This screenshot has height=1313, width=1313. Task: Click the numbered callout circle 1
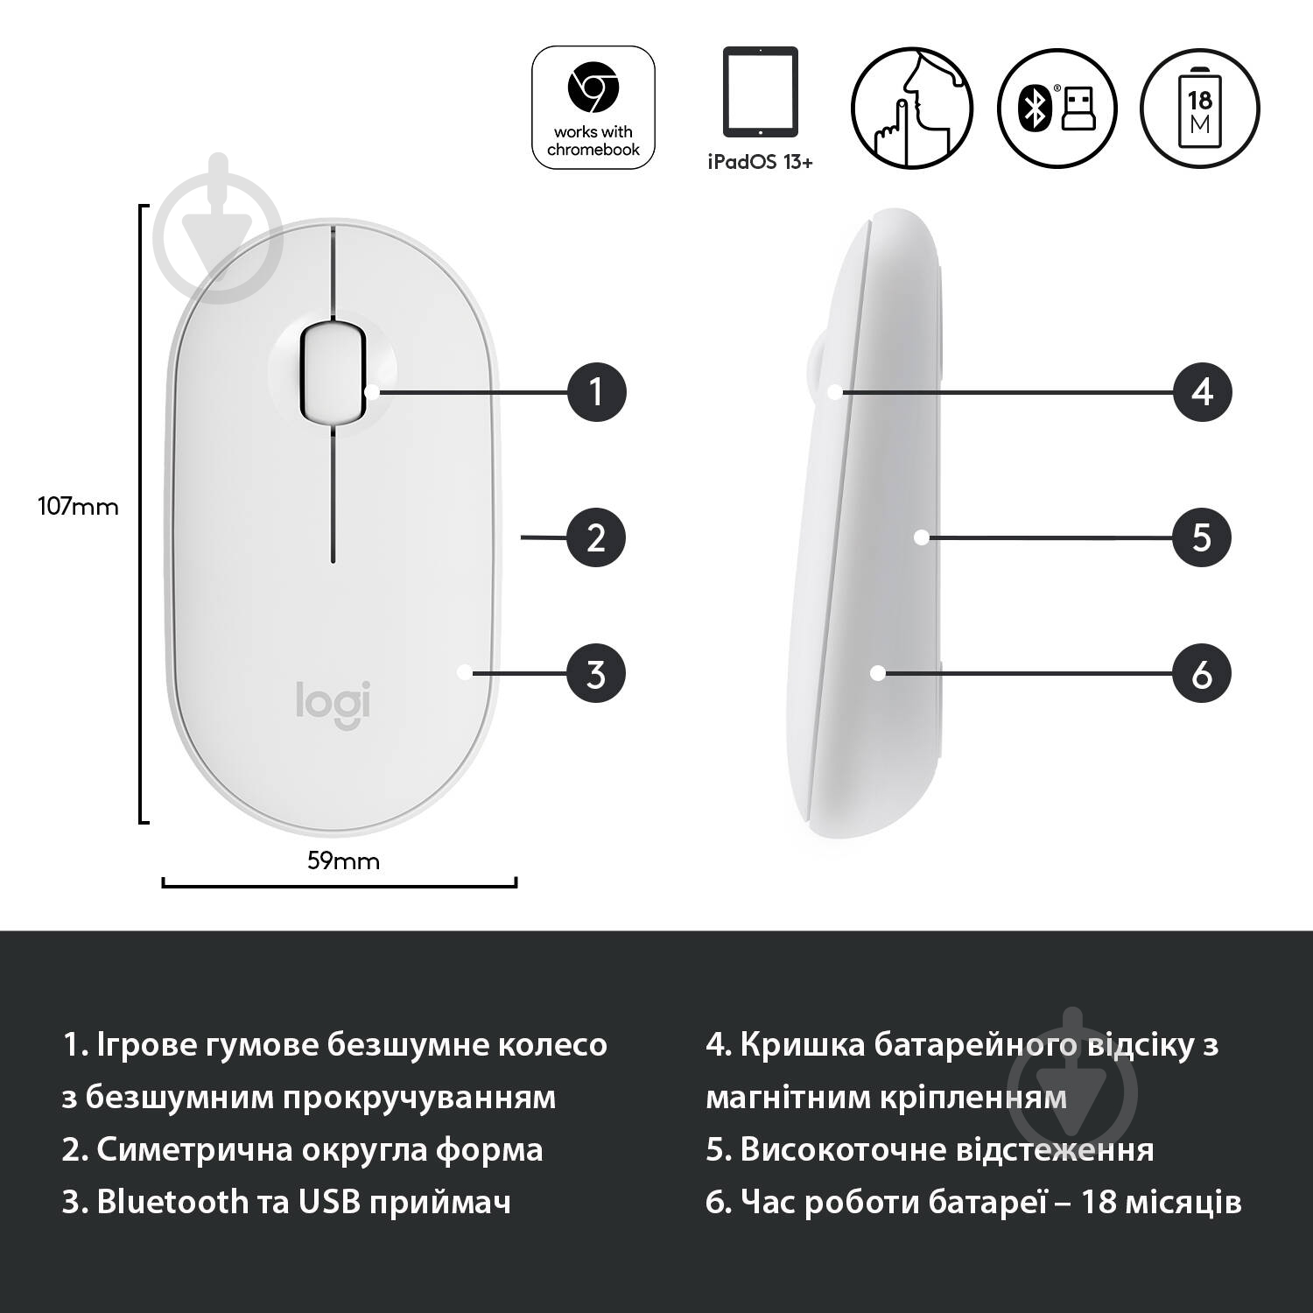[x=597, y=391]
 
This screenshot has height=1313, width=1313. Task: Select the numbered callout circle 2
[x=597, y=537]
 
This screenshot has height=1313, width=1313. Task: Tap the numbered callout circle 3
[x=597, y=674]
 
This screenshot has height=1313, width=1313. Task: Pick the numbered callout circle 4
[x=1202, y=391]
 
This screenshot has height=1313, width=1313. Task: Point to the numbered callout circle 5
[x=1202, y=537]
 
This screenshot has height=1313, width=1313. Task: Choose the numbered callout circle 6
[x=1202, y=674]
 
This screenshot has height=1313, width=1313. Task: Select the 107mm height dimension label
[x=78, y=506]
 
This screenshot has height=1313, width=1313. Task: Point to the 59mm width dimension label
[x=343, y=860]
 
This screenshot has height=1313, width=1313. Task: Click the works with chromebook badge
[x=593, y=108]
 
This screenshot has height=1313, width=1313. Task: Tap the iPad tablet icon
[x=760, y=92]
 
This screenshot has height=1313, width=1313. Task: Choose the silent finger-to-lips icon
[x=912, y=108]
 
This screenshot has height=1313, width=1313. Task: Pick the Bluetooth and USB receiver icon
[x=1057, y=108]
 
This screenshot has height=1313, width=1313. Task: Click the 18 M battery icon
[x=1200, y=108]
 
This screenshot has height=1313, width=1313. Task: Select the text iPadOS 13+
[x=759, y=162]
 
